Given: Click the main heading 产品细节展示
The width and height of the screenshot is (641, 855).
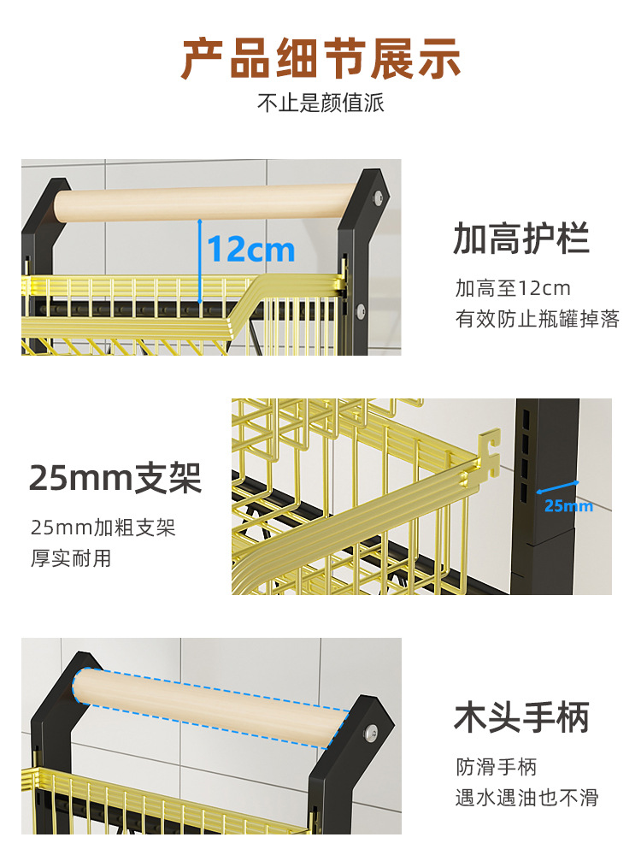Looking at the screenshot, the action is point(320,58).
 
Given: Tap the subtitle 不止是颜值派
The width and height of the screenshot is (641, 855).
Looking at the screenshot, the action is point(320,103).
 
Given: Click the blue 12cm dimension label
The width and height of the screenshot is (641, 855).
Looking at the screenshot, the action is point(251,250).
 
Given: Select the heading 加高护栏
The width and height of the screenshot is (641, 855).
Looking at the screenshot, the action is point(521,239).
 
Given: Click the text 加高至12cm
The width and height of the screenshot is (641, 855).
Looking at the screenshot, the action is point(513,288).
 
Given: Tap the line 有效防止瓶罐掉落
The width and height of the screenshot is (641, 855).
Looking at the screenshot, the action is point(538,320).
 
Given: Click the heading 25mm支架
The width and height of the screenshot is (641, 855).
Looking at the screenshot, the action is point(115,478).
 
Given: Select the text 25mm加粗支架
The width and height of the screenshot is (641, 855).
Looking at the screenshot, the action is point(103,528).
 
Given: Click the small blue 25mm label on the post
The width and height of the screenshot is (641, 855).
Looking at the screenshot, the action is point(567,505).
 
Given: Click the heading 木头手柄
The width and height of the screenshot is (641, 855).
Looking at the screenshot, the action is point(521,717).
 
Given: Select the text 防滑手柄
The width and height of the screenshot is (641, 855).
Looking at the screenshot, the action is point(496,767).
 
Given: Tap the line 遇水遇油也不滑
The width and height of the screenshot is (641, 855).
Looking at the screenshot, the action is point(526,798).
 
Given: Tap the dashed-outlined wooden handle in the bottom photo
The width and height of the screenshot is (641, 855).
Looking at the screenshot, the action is point(209,706).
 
